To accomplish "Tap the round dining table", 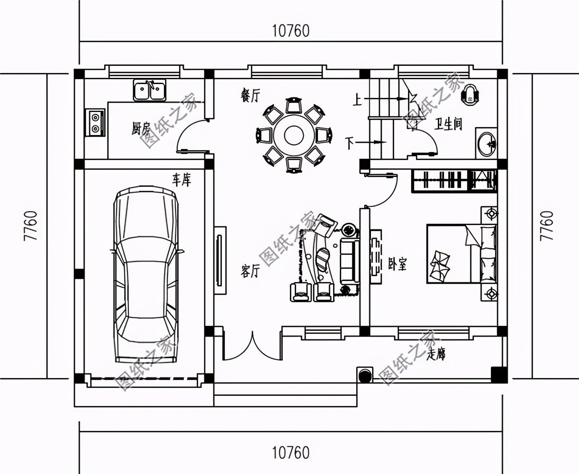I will (x=294, y=135).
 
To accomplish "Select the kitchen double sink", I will (x=149, y=90).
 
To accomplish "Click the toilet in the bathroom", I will (x=469, y=94).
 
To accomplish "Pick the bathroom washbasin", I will (x=486, y=143).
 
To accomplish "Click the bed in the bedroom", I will (x=461, y=253).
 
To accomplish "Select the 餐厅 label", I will (x=250, y=96).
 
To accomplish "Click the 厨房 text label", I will (x=140, y=129).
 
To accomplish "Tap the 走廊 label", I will (x=436, y=354).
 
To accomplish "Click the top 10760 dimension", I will (x=290, y=31).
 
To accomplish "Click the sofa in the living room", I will (x=349, y=261).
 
